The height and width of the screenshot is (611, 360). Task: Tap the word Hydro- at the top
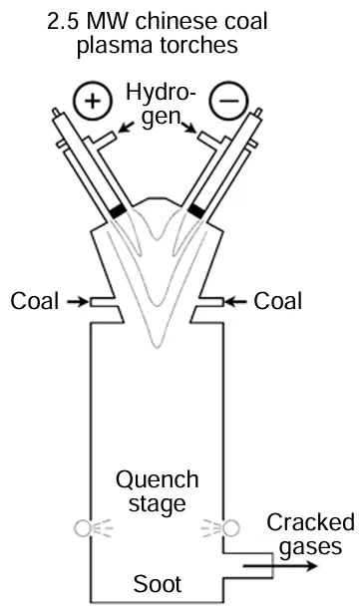click(x=163, y=95)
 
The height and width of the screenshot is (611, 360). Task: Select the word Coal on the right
click(x=278, y=300)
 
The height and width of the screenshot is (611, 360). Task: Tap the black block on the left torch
click(x=119, y=211)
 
